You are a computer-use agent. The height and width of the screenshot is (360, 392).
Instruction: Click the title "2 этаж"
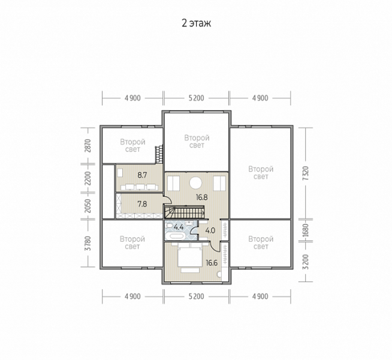[196, 23]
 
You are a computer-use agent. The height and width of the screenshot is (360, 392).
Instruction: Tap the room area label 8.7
[142, 175]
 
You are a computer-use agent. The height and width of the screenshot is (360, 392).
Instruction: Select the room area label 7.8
[142, 204]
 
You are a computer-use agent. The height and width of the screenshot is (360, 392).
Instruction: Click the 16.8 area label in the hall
[202, 197]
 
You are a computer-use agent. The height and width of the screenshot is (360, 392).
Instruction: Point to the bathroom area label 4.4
[179, 227]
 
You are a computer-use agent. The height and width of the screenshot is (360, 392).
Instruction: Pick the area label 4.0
[210, 230]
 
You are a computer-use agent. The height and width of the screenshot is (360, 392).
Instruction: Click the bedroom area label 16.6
[212, 263]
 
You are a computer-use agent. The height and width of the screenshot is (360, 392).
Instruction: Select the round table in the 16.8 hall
[195, 183]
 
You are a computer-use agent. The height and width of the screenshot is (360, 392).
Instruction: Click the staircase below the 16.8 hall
[185, 212]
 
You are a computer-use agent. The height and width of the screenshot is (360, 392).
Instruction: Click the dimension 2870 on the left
[88, 146]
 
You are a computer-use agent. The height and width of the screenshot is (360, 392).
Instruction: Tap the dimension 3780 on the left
[88, 243]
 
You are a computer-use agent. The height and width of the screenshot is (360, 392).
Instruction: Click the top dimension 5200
[196, 98]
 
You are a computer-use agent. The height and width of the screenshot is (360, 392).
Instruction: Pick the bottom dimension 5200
[196, 296]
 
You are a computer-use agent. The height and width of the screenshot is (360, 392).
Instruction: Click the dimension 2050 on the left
[88, 206]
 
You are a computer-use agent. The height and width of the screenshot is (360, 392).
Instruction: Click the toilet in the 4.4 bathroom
[169, 226]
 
